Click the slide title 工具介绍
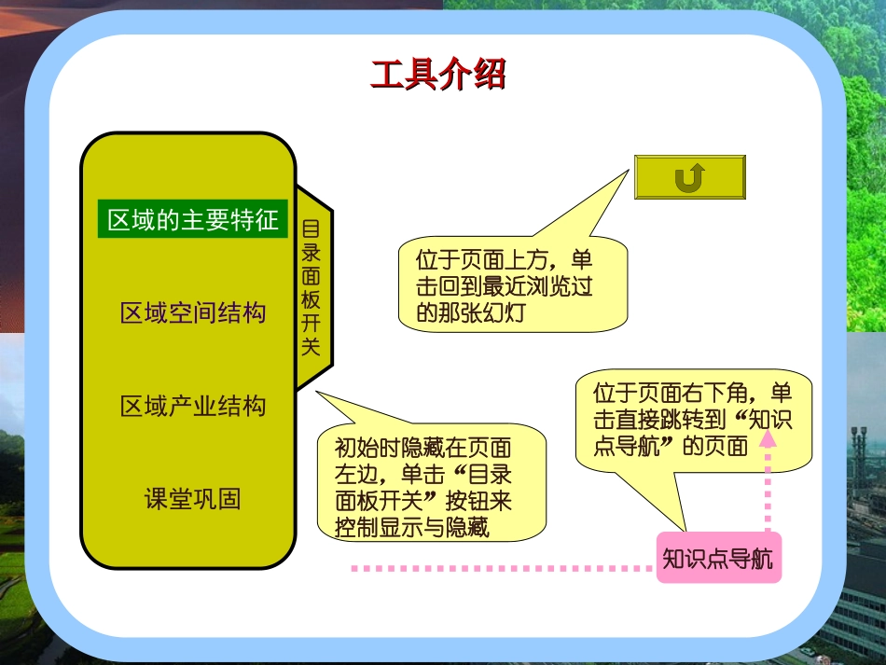(437, 75)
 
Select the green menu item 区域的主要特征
(193, 221)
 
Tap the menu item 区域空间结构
(193, 312)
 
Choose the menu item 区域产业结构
(193, 407)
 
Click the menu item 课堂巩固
(193, 499)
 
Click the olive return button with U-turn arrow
(689, 177)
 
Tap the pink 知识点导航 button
(717, 559)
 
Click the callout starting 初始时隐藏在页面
(430, 488)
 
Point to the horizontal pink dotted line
(504, 567)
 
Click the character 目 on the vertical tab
(311, 229)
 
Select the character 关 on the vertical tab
(311, 347)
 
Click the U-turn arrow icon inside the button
(689, 177)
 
